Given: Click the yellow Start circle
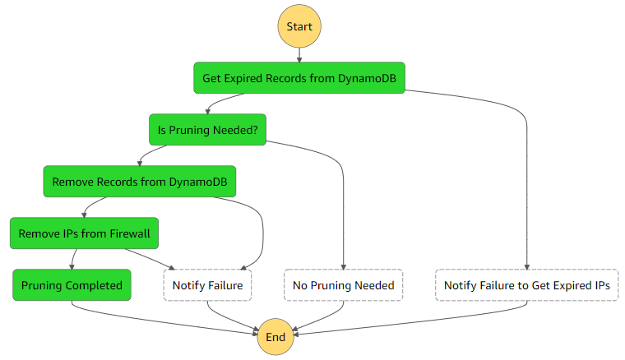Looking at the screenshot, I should click(x=299, y=26).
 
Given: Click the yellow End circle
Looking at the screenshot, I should click(x=275, y=337).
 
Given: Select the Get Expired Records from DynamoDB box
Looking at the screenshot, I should click(x=299, y=78).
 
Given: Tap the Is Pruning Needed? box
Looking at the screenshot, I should click(x=207, y=130).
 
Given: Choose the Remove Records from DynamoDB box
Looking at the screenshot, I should click(x=139, y=182).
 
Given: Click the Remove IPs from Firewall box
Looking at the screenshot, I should click(x=84, y=233).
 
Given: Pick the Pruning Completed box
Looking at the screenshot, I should click(x=72, y=285).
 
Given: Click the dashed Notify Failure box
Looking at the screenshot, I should click(x=207, y=285).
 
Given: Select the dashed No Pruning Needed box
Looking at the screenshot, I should click(x=343, y=285).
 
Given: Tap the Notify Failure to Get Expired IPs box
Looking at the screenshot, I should click(x=526, y=285).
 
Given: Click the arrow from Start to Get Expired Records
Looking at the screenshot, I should click(x=299, y=54).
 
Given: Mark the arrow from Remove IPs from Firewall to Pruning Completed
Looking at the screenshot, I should click(x=73, y=260).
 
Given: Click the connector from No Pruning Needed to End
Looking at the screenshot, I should click(x=321, y=316).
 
